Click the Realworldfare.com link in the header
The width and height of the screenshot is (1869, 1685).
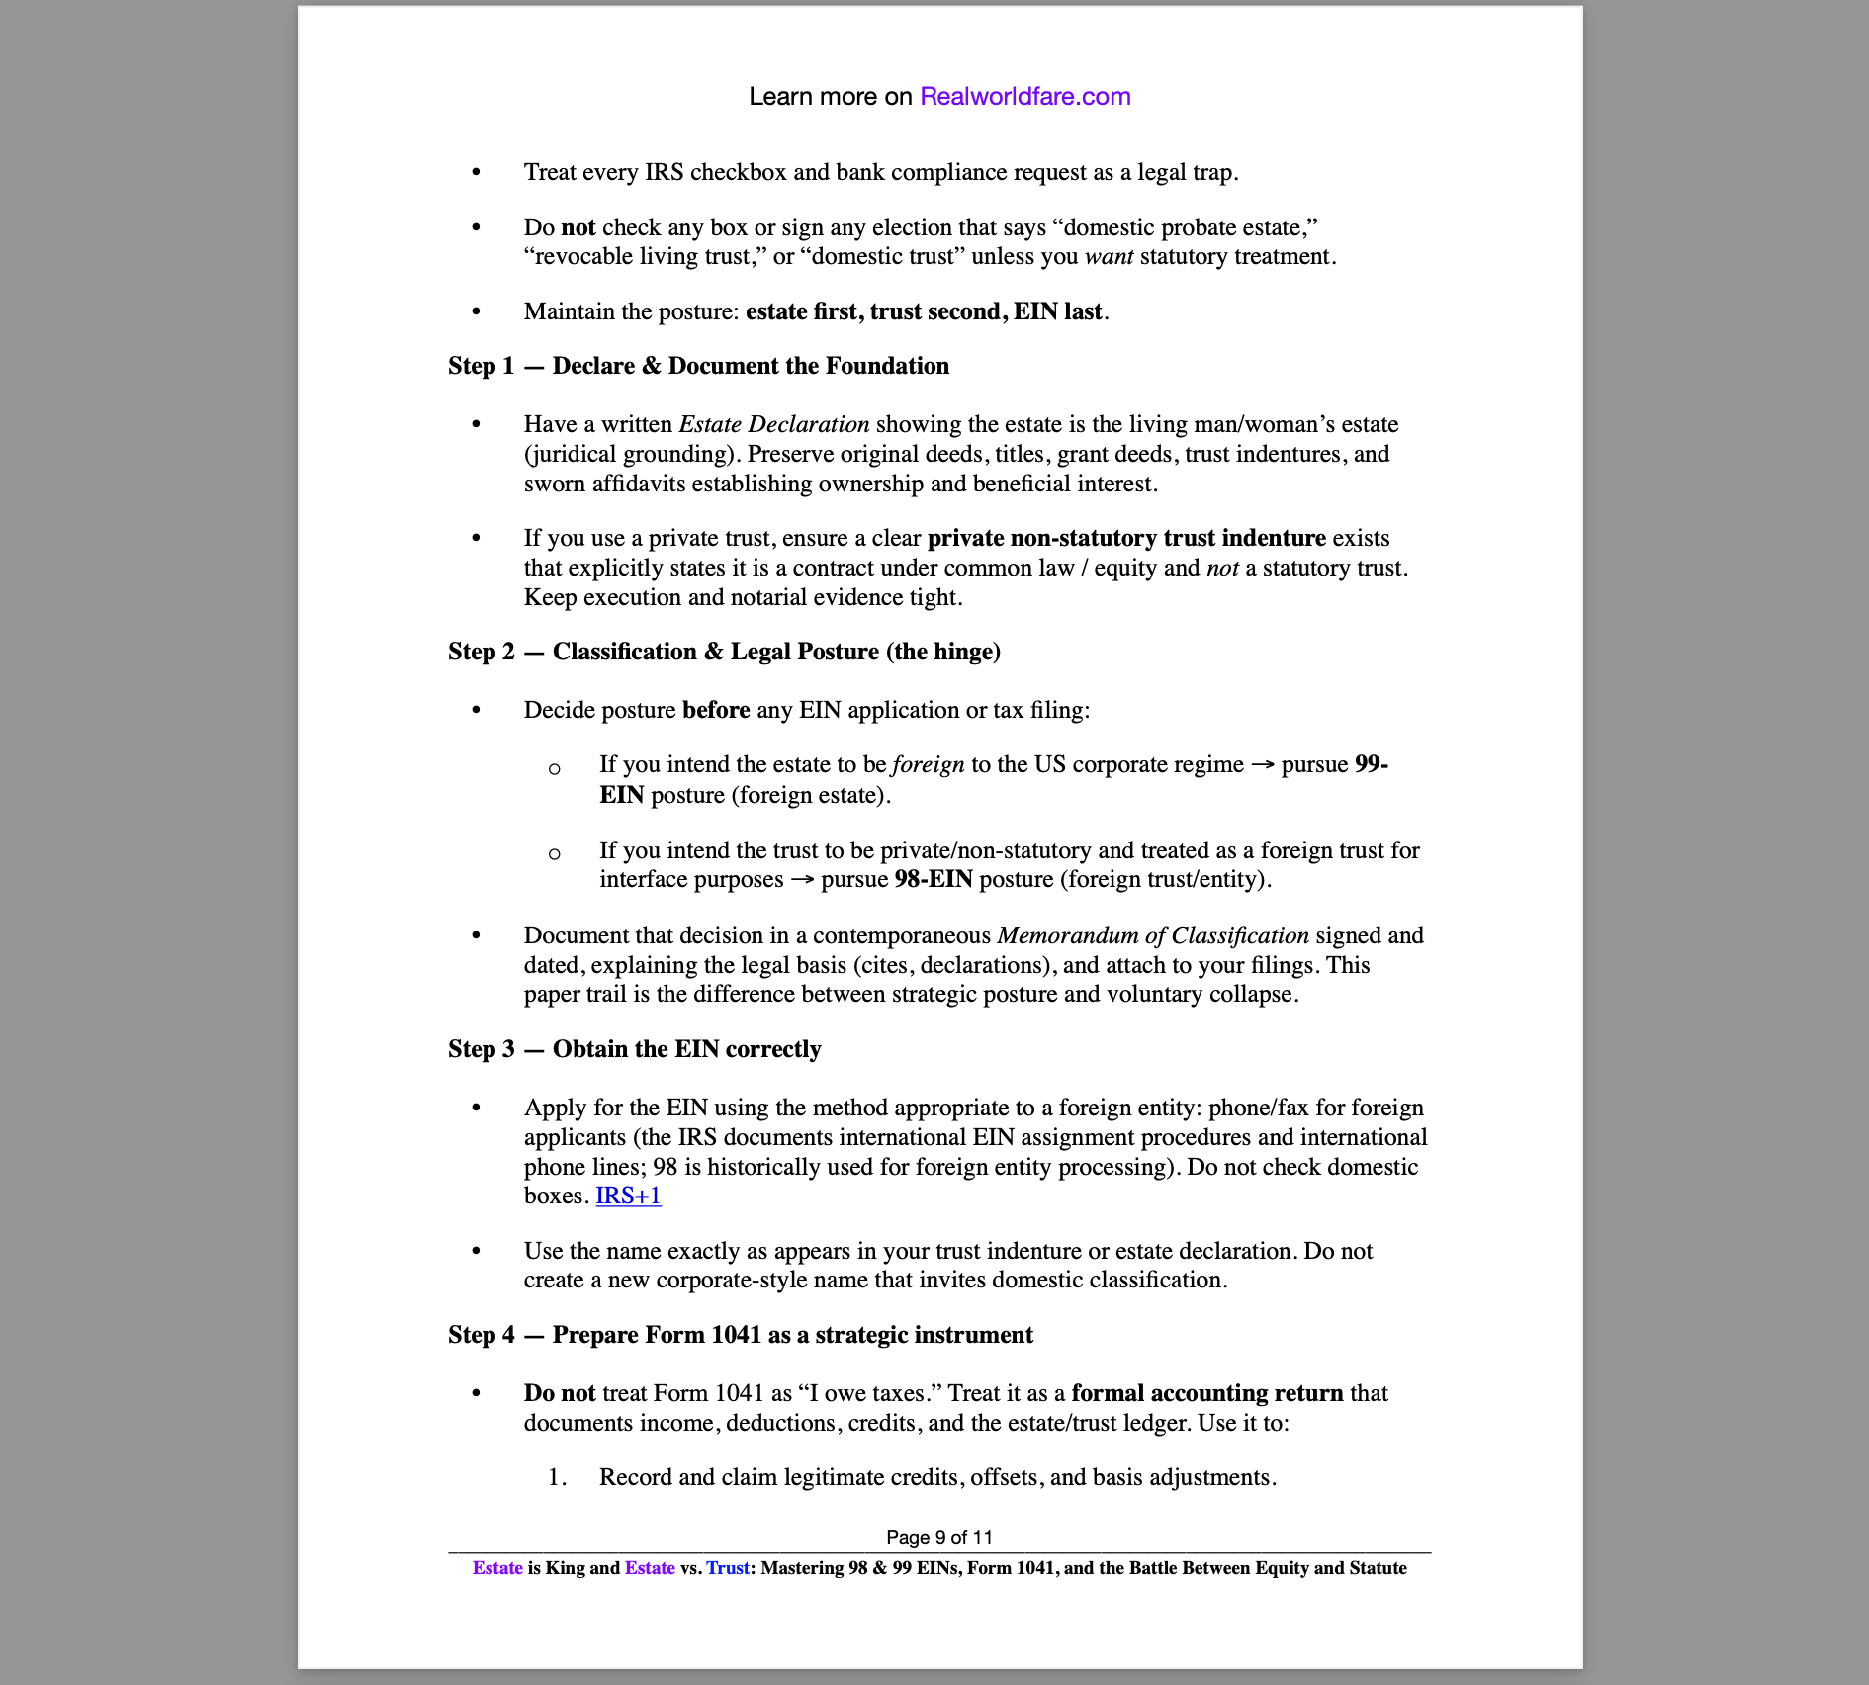click(x=1024, y=97)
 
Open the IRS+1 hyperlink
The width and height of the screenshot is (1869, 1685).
click(x=628, y=1196)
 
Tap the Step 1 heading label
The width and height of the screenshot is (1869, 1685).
click(x=481, y=366)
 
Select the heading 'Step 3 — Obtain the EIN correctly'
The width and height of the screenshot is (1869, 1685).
click(x=634, y=1049)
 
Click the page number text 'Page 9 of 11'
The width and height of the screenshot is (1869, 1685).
click(x=938, y=1537)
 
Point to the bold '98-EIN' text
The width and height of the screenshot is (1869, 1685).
click(x=934, y=879)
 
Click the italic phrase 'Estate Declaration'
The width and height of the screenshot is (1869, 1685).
click(x=774, y=424)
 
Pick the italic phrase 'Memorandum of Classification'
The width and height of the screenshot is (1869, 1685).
click(x=1153, y=935)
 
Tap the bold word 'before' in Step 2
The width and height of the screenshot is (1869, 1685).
click(x=716, y=710)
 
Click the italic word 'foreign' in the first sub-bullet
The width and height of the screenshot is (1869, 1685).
click(x=928, y=764)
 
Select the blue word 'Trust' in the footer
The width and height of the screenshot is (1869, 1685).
click(x=727, y=1568)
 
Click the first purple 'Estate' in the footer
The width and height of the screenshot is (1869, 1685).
click(x=497, y=1568)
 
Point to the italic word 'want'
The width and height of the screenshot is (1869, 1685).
click(x=1109, y=256)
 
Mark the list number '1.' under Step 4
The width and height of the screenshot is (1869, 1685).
click(x=558, y=1477)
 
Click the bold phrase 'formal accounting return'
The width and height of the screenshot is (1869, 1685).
click(x=1206, y=1393)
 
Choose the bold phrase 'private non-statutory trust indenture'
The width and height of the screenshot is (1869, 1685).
click(x=1126, y=538)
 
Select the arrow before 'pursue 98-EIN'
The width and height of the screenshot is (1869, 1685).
click(x=802, y=880)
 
